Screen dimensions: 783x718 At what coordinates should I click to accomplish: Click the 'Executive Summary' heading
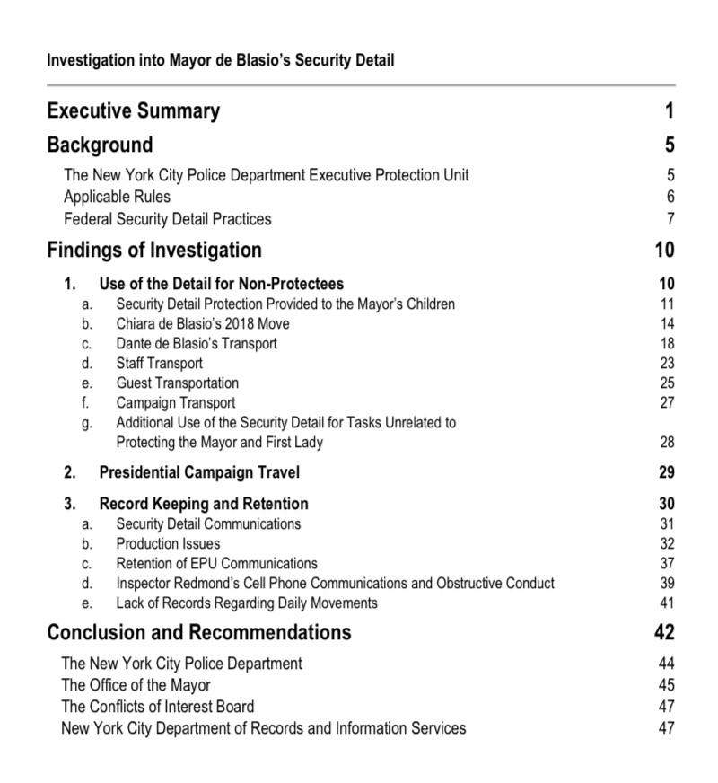(133, 111)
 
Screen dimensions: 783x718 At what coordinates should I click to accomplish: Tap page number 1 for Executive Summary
(669, 111)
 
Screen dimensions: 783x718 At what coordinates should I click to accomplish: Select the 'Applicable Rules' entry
(117, 197)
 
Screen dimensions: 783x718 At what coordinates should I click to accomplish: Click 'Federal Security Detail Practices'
(167, 219)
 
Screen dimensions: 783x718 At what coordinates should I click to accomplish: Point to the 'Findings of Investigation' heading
(154, 250)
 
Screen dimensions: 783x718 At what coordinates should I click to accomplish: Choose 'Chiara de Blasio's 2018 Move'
(203, 323)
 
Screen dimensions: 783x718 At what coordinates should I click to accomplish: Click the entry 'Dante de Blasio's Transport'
(197, 343)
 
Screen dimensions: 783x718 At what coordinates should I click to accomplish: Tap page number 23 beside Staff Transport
(666, 364)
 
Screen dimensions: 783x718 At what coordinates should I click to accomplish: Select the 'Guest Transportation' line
(178, 383)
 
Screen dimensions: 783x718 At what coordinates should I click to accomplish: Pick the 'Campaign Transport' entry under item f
(176, 403)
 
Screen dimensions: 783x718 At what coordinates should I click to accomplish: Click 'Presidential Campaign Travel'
(199, 472)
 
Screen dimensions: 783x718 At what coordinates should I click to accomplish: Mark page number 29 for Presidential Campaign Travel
(666, 472)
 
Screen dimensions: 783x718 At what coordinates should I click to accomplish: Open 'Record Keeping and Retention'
(204, 504)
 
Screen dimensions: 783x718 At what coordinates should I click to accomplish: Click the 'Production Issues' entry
(168, 543)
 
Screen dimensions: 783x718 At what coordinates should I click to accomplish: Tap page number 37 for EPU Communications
(666, 564)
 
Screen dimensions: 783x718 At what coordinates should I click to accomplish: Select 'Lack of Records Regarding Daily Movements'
(247, 603)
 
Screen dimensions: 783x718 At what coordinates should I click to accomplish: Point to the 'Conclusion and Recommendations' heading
(199, 632)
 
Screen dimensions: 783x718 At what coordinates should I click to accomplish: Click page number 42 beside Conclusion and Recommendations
(665, 632)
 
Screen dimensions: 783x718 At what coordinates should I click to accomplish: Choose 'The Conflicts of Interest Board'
(157, 707)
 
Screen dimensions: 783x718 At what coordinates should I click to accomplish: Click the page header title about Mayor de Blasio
(221, 61)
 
